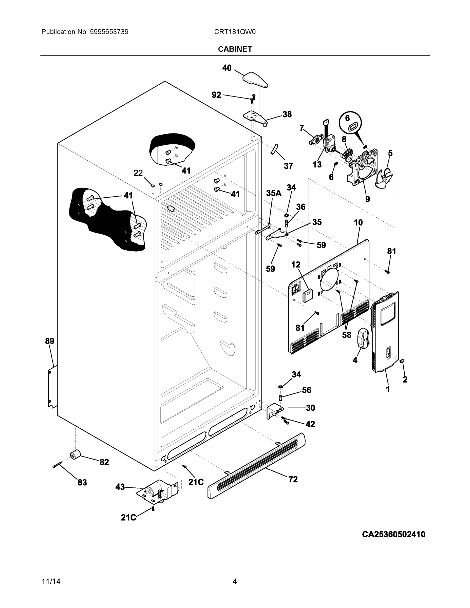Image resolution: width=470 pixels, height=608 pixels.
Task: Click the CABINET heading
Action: click(235, 49)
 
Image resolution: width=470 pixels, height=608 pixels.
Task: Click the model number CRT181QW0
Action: click(235, 32)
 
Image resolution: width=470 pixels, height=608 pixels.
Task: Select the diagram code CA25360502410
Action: click(393, 535)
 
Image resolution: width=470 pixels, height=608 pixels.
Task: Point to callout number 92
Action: click(216, 95)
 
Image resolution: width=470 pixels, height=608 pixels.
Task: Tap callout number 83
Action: click(82, 483)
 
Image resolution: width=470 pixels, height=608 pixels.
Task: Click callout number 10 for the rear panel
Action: click(358, 223)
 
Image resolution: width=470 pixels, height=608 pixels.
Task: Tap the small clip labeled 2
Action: click(402, 361)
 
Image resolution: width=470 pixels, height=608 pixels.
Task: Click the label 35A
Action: click(274, 193)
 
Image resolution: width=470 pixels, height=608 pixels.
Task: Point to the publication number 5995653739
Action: click(109, 32)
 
